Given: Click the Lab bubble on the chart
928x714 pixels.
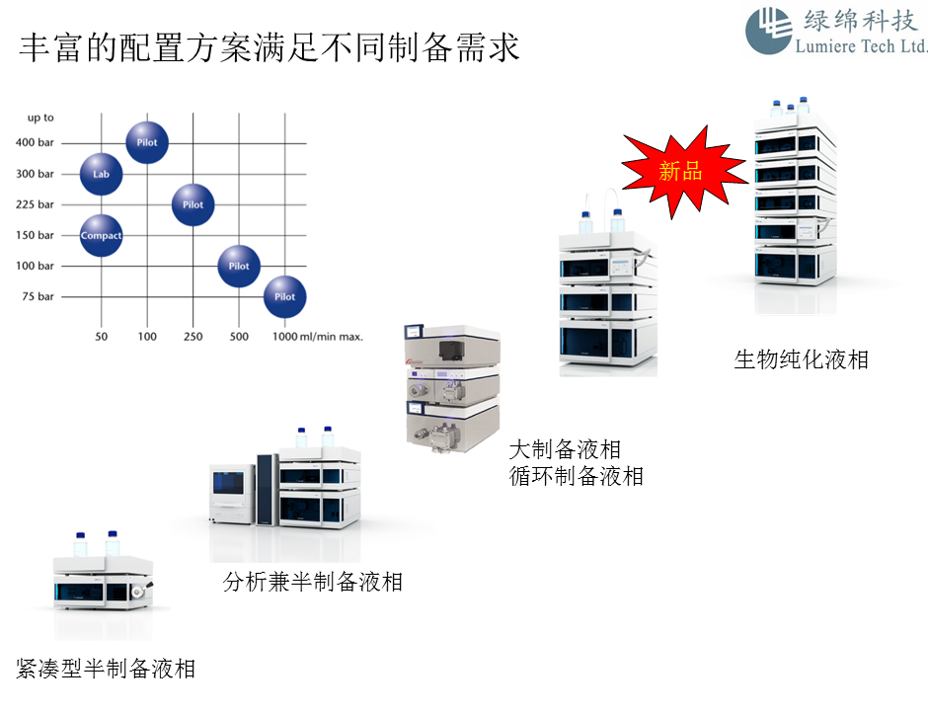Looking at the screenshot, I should [101, 174].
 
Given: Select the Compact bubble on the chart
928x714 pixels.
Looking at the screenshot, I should [101, 235].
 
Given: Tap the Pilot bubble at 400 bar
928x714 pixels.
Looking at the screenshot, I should [147, 142].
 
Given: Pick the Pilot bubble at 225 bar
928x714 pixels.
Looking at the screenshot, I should [193, 204].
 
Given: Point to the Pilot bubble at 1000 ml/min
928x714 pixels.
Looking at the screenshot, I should [284, 296].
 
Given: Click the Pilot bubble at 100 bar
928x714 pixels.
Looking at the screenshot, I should [239, 266].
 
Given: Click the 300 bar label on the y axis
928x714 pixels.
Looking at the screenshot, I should [35, 174].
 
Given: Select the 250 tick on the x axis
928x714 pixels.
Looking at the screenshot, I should [193, 337].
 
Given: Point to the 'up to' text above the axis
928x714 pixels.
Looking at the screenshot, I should [39, 118].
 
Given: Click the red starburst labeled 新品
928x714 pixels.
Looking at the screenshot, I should [681, 172].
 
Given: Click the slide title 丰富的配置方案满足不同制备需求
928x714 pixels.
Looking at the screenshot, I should [270, 48].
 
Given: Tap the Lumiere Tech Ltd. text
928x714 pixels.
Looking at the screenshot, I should [861, 46].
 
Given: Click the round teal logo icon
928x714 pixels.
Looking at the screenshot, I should [768, 30].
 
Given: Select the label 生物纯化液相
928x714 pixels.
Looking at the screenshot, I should [801, 358].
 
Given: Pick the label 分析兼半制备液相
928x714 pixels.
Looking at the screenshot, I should [312, 582].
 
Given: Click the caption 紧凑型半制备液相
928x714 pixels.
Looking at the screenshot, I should [106, 669].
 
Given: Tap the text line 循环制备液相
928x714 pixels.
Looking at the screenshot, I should [576, 476].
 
